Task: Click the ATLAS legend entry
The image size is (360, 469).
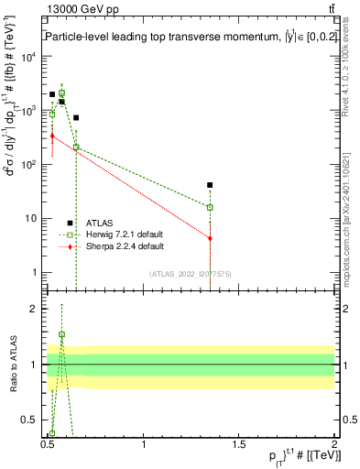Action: [x=100, y=223]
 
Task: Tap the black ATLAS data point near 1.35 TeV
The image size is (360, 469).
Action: [x=211, y=185]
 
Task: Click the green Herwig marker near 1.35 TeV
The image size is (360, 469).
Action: [x=211, y=207]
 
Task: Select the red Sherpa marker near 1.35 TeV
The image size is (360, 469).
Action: [x=211, y=238]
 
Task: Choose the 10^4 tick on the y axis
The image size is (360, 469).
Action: [x=29, y=57]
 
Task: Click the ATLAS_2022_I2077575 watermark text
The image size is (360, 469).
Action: [x=190, y=274]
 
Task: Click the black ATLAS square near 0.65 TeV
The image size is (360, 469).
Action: [x=76, y=117]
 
